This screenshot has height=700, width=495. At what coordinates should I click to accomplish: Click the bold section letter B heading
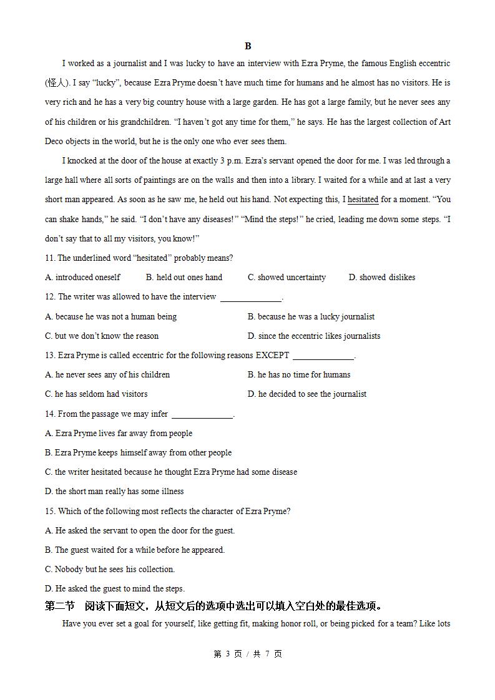248,46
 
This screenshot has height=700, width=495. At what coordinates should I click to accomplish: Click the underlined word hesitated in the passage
363,200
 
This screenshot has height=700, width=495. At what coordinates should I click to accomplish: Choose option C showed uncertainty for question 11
287,278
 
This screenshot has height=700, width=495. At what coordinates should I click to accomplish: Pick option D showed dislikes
381,278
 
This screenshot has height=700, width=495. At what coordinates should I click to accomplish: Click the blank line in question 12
251,298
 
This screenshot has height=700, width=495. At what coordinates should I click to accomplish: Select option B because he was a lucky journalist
311,317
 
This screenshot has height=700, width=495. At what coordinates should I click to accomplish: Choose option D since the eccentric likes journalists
313,336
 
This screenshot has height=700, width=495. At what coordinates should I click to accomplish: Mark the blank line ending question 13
323,357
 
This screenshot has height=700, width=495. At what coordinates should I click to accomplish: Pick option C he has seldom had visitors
96,394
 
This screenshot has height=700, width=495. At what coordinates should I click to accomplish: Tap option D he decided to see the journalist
306,394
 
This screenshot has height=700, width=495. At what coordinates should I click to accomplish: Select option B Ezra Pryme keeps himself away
138,453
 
